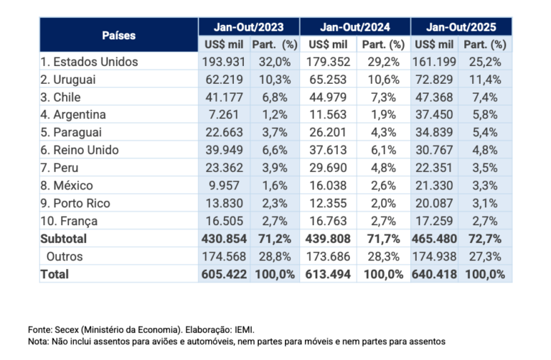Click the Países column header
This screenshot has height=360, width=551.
click(x=118, y=35)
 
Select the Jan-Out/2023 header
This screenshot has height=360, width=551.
click(x=248, y=27)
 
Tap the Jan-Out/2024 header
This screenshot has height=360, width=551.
click(x=354, y=27)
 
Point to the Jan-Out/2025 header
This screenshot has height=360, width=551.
click(x=461, y=27)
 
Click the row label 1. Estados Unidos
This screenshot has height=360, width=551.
click(x=89, y=62)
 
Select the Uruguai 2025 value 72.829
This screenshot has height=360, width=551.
click(x=435, y=80)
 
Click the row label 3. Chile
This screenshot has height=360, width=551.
click(x=60, y=98)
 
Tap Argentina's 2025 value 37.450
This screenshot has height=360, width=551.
click(x=435, y=115)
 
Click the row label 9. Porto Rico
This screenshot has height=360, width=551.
click(x=75, y=204)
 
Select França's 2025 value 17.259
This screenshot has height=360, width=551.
click(x=435, y=221)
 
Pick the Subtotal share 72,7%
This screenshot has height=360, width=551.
click(x=486, y=239)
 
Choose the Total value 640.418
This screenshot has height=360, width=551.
click(x=435, y=274)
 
